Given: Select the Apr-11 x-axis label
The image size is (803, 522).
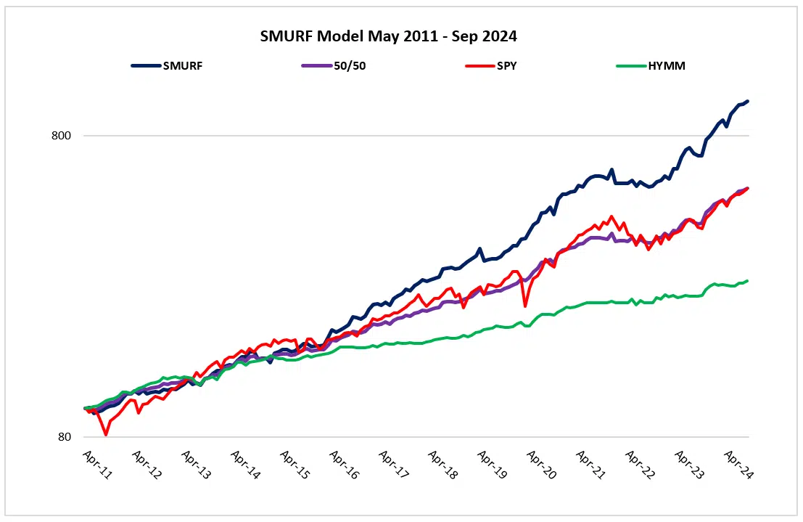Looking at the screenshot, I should pos(96,462).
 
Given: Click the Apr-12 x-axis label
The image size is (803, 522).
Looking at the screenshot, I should pos(145,462).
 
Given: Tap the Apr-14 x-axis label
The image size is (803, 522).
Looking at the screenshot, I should pos(244,462).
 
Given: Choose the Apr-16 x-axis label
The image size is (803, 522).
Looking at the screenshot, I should pos(343,462).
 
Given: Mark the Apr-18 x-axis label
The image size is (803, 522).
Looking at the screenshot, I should pos(442,462).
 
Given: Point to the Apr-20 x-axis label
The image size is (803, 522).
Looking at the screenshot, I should pos(541,462).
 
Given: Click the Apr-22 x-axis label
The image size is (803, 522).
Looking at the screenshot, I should pos(640,462).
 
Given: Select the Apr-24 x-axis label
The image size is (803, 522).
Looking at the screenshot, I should pos(738,462).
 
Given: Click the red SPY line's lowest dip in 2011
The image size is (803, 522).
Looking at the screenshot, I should pos(106,434).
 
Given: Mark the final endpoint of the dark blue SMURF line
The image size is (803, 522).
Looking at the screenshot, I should pos(748,102).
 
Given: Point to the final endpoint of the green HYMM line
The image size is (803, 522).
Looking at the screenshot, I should pos(748,281).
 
